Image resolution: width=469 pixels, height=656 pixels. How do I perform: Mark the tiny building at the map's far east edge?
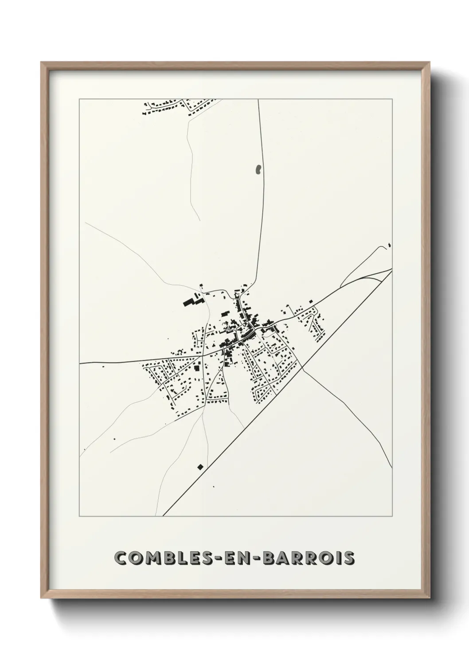pos(389,244)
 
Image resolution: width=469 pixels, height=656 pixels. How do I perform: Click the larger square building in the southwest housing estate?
pos(196,368)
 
